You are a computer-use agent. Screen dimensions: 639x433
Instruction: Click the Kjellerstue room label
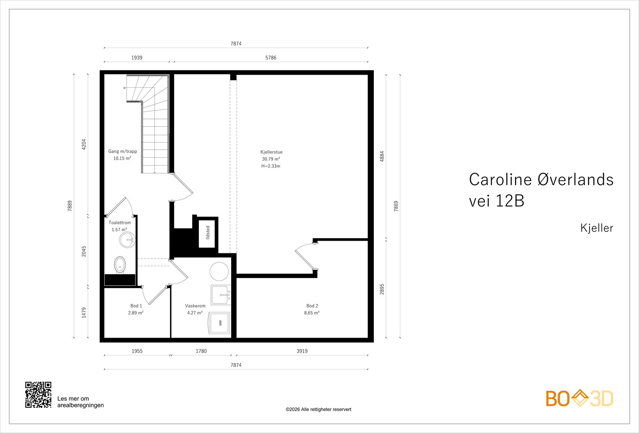tap(271, 152)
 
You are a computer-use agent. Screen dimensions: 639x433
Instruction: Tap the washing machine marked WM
tap(219, 323)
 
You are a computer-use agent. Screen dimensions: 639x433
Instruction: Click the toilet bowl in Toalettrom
tap(120, 265)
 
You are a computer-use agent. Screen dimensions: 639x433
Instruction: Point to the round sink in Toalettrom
tap(127, 240)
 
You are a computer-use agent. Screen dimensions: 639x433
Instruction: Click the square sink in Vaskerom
tap(221, 295)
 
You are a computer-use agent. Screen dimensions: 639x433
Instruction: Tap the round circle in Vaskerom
tap(219, 271)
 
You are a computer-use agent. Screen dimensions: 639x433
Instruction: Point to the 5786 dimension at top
tap(271, 57)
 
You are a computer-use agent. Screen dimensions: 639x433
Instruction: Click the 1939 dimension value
tap(137, 57)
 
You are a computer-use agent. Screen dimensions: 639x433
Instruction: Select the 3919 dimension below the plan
tap(302, 351)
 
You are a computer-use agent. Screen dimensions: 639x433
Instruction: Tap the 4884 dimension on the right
tap(382, 156)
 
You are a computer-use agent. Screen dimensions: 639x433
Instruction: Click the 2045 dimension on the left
tap(84, 251)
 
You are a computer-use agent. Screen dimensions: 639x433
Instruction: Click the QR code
tap(38, 395)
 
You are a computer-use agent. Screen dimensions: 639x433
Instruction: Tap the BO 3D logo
tap(579, 398)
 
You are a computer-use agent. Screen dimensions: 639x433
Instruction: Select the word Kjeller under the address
tap(597, 228)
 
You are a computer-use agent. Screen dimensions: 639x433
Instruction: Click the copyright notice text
tap(318, 409)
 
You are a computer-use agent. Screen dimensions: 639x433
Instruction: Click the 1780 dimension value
tap(201, 351)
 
